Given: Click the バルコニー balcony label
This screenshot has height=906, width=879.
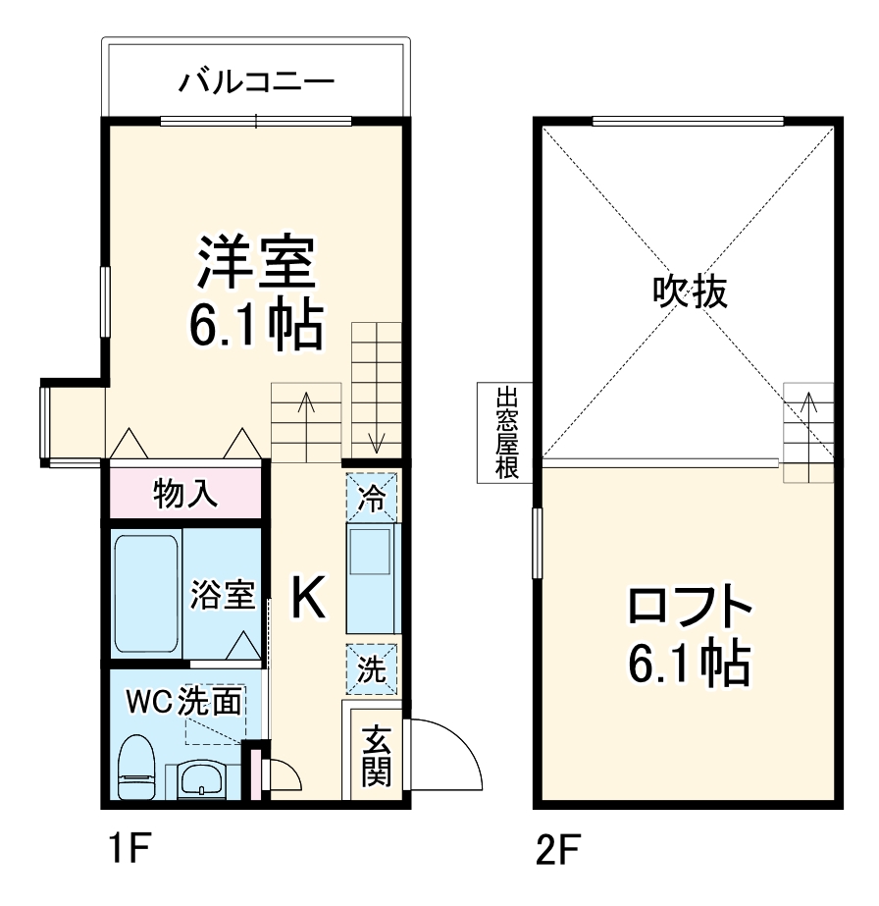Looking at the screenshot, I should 256,80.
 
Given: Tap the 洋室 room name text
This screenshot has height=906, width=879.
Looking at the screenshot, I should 257,260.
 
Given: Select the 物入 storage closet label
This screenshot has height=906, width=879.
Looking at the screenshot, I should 185,494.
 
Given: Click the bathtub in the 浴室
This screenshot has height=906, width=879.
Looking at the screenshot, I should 145,596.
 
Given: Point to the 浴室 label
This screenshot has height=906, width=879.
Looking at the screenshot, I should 222,595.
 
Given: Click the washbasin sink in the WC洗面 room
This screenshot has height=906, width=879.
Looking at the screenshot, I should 204,780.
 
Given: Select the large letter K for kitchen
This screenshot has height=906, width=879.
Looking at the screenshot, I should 307,597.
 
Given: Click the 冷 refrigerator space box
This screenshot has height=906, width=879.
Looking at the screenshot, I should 372,496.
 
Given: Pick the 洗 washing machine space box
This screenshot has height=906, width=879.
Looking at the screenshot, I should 372,669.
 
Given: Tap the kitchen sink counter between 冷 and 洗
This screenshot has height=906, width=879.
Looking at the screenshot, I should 372,579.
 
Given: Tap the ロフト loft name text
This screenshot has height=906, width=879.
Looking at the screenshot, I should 690,609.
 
